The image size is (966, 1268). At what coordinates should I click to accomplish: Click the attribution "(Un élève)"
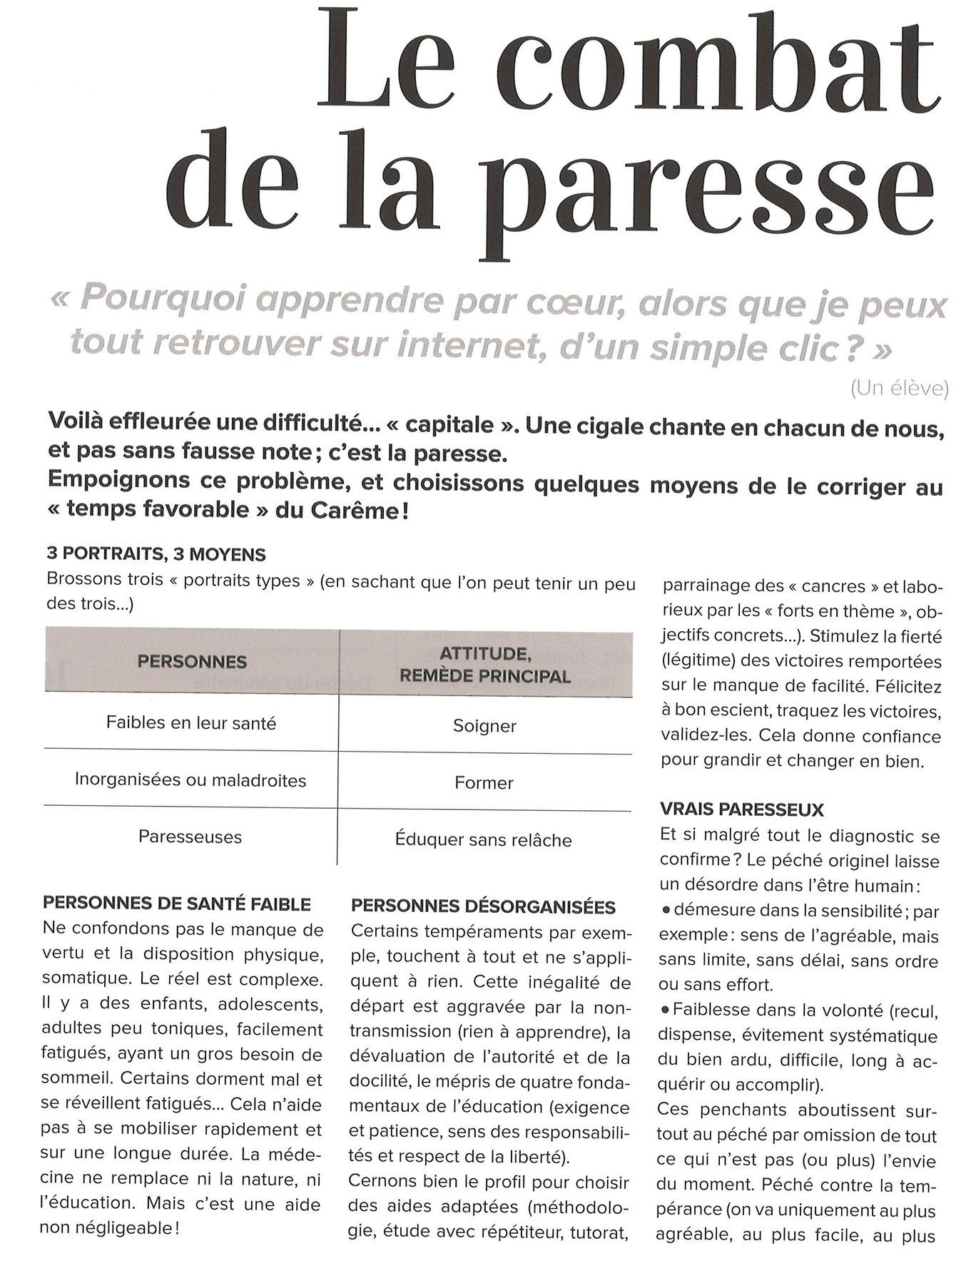899,389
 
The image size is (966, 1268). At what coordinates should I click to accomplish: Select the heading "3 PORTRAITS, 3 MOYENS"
156,554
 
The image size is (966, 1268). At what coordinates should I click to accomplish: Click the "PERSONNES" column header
192,662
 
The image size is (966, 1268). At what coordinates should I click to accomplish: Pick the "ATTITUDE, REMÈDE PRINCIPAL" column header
484,665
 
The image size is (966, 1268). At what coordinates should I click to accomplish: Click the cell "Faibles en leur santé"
191,723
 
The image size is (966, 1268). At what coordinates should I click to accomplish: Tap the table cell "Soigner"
484,727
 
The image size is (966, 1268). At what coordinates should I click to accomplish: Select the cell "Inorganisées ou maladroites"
190,780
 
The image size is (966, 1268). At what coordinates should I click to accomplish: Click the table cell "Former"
484,783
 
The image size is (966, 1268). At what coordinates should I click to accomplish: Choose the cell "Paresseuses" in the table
190,837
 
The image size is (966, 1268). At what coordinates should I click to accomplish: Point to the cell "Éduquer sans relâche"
484,840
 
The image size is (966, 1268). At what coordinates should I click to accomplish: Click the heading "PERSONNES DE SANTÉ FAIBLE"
177,904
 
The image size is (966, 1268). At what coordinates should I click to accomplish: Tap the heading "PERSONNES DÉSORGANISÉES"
483,907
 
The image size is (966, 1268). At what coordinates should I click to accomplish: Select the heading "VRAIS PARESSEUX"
742,809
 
